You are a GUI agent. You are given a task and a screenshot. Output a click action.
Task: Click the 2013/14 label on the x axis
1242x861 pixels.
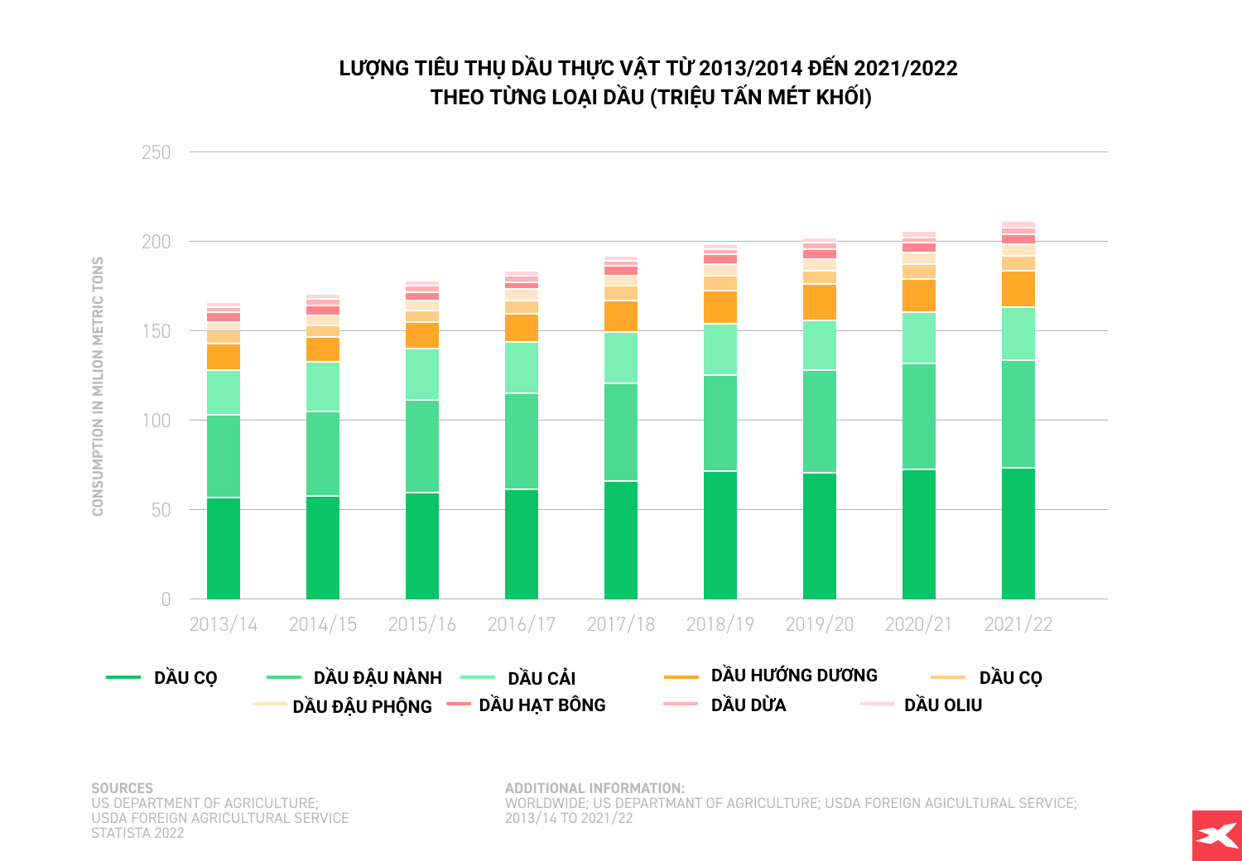(x=224, y=624)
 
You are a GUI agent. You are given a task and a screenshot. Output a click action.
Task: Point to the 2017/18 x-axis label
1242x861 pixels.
(x=621, y=624)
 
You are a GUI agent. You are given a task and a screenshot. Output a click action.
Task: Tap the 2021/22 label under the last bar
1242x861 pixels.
(x=1018, y=624)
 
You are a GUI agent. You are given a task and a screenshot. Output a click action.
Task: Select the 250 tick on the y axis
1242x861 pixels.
(x=156, y=152)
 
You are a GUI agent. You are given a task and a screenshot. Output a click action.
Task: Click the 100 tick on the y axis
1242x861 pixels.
(x=156, y=421)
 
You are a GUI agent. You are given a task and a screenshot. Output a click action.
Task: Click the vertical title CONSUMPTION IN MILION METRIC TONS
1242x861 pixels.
(x=99, y=386)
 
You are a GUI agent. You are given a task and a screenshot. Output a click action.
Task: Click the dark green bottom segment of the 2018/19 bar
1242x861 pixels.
(x=720, y=535)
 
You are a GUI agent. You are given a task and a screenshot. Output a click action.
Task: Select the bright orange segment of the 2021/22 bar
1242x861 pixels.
(x=1018, y=289)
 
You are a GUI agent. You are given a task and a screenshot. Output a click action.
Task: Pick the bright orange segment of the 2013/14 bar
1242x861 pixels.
(x=224, y=357)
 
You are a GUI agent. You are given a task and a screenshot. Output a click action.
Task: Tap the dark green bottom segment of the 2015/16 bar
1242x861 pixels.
(x=422, y=546)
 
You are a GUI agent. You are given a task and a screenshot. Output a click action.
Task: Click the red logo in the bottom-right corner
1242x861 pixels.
(x=1216, y=835)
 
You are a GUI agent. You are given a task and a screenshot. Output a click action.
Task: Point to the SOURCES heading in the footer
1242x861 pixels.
(x=122, y=788)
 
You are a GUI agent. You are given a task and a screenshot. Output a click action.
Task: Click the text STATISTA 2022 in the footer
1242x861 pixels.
(x=137, y=833)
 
